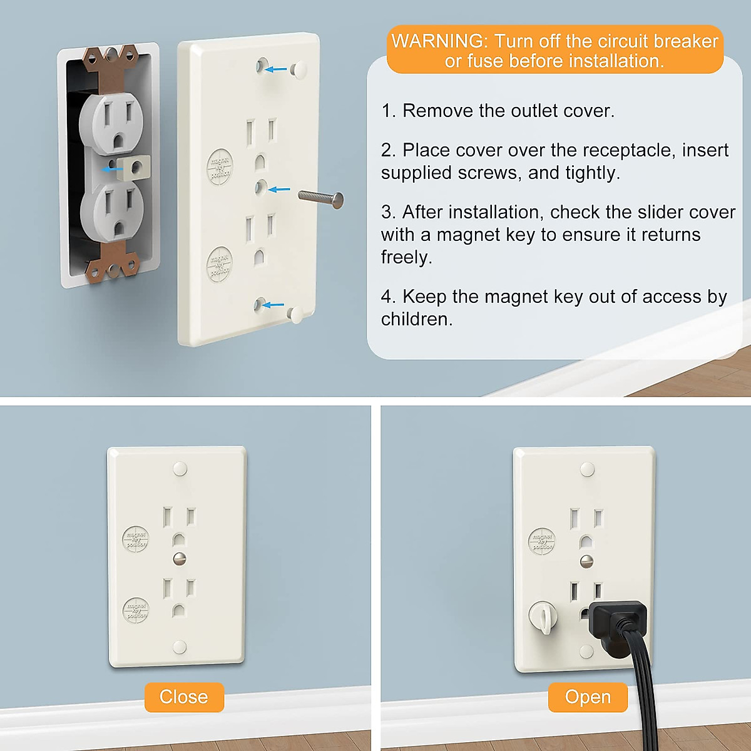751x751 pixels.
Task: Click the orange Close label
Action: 183,697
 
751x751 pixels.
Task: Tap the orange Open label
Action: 588,697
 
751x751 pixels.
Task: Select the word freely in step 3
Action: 406,257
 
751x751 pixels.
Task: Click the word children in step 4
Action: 416,319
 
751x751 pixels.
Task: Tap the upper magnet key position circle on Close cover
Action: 135,539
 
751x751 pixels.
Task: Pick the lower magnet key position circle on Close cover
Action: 136,610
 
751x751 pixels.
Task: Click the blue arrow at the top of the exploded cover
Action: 275,69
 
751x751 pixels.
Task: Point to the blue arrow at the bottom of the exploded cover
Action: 273,305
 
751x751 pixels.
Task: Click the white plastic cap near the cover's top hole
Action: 298,69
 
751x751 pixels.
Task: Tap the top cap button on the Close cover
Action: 180,468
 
